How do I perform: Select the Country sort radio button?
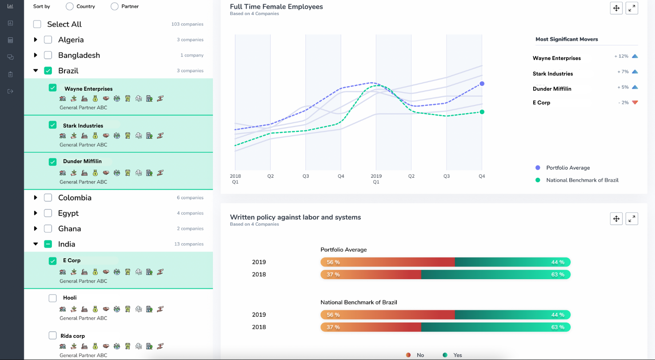point(69,7)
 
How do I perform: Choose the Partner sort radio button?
point(115,7)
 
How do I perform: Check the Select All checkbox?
point(37,24)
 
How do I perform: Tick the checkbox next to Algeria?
point(48,40)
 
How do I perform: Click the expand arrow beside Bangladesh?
point(36,56)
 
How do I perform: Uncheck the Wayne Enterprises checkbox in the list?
point(53,88)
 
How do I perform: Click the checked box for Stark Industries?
point(53,125)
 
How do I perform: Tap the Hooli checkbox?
point(53,298)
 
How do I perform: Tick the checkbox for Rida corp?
point(53,336)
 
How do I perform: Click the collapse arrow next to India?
point(36,244)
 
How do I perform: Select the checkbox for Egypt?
point(48,213)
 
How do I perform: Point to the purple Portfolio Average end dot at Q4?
point(482,84)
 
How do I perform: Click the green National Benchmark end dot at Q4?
point(482,112)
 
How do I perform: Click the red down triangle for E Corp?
point(635,103)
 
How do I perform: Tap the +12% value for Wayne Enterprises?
point(621,56)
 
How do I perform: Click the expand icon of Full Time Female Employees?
point(631,8)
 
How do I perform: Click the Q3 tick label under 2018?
point(306,176)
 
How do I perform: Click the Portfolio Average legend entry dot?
point(538,168)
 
